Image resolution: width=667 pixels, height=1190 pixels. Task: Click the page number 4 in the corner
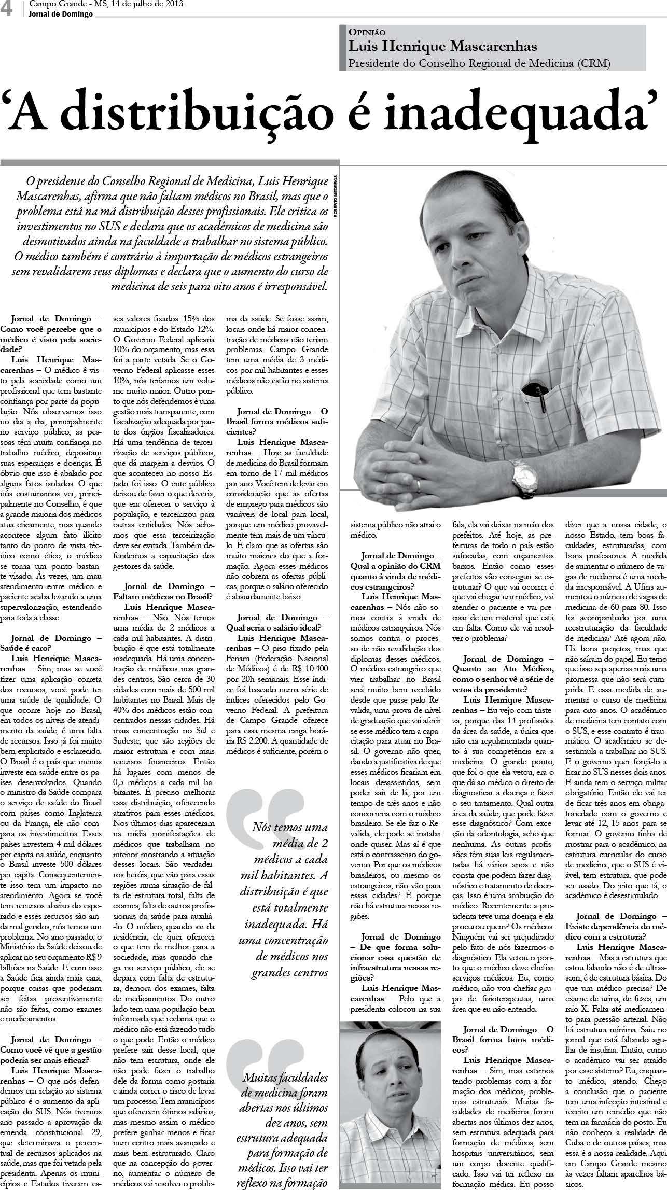7,9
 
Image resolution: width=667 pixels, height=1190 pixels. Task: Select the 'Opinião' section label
367,32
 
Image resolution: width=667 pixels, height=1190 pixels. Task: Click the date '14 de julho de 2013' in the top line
140,5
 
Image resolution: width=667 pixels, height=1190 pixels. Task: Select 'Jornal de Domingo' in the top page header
61,14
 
